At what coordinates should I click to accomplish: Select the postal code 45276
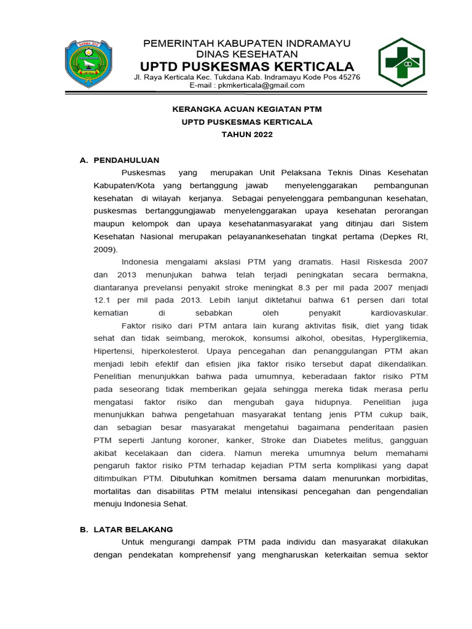click(x=349, y=77)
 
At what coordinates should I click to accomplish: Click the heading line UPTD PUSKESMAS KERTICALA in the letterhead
click(x=247, y=66)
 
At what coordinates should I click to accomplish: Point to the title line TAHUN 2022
click(x=247, y=135)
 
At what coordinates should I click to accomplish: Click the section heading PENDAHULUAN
click(x=126, y=160)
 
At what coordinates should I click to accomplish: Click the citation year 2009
click(x=105, y=249)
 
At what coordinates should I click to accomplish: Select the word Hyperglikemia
click(x=399, y=339)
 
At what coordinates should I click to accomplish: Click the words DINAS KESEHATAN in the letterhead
click(x=247, y=54)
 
